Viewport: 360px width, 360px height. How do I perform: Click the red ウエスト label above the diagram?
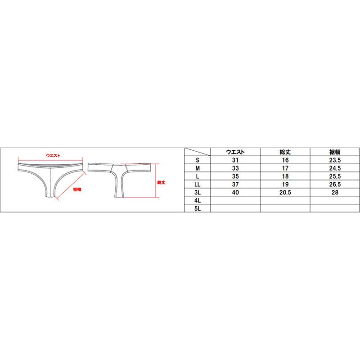point(53,155)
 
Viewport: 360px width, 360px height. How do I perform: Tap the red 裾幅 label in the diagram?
point(77,189)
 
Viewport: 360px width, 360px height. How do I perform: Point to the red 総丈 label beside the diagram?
point(161,183)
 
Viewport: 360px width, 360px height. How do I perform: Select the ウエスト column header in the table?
point(235,152)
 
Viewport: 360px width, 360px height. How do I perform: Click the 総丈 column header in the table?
point(285,152)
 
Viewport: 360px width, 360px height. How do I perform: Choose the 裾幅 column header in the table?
point(335,152)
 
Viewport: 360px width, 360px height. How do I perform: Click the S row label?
point(198,160)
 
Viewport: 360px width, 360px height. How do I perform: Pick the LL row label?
point(198,184)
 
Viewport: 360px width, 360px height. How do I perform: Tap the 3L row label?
point(198,193)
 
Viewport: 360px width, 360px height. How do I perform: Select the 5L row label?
point(198,208)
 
